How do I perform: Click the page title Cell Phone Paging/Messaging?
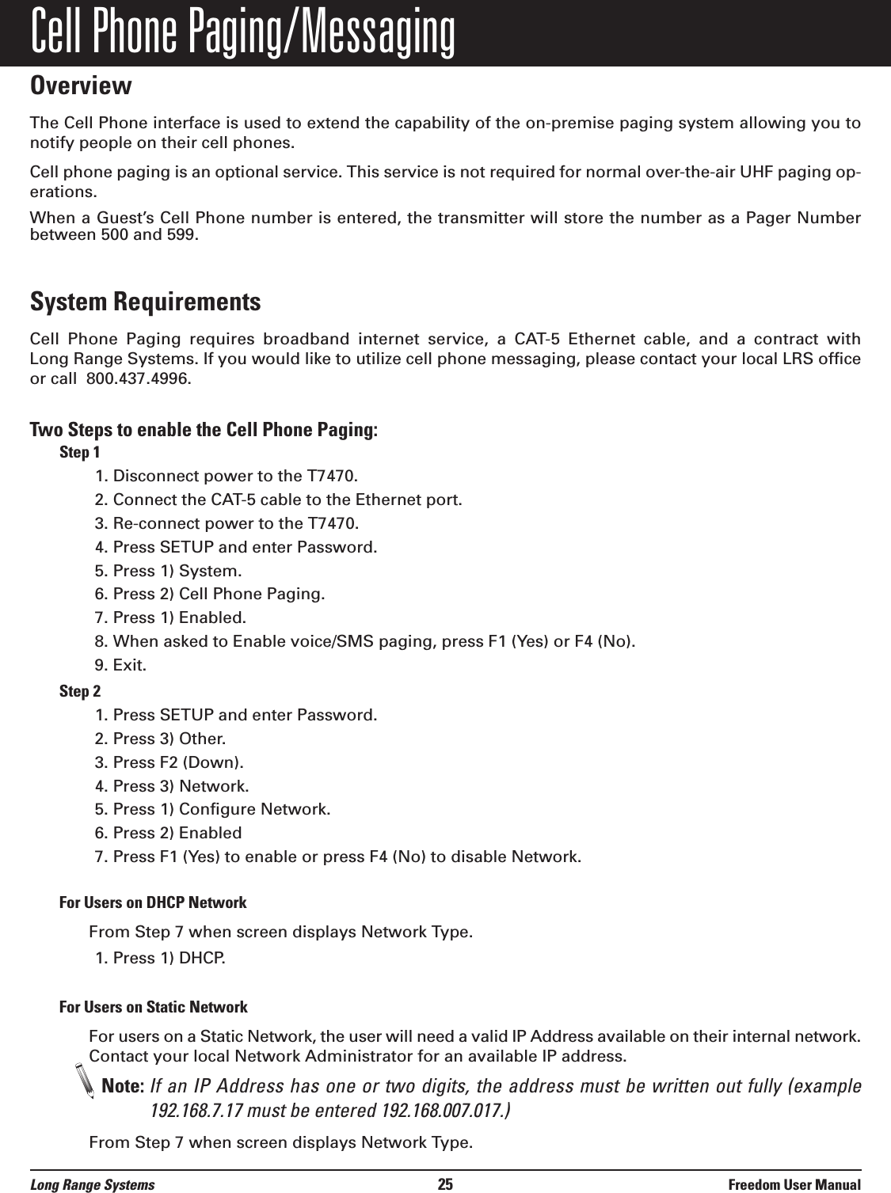(242, 33)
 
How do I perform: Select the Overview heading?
(80, 85)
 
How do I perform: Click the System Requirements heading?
(145, 302)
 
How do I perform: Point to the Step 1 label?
(80, 453)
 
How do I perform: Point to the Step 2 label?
(80, 692)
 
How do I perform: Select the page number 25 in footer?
(445, 1184)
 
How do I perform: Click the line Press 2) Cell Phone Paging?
(209, 594)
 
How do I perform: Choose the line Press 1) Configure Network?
(212, 810)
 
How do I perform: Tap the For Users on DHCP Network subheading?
(153, 902)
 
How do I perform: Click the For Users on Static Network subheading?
(154, 1007)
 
